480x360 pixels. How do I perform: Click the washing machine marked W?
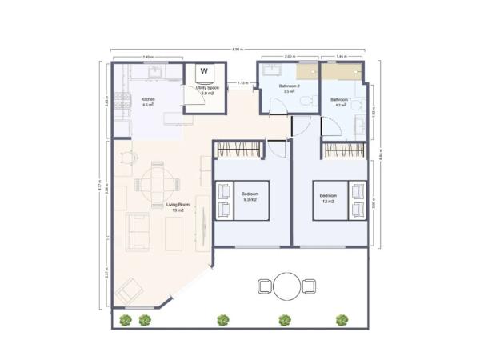204,71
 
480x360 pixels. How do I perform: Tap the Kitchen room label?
148,100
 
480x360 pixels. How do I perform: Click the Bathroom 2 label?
289,86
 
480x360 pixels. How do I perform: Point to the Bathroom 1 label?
340,99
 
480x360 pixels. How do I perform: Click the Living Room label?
177,206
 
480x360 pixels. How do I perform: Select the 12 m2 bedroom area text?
329,201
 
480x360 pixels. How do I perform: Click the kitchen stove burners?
123,102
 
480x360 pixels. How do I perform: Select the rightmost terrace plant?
342,320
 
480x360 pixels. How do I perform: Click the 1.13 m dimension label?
242,82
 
